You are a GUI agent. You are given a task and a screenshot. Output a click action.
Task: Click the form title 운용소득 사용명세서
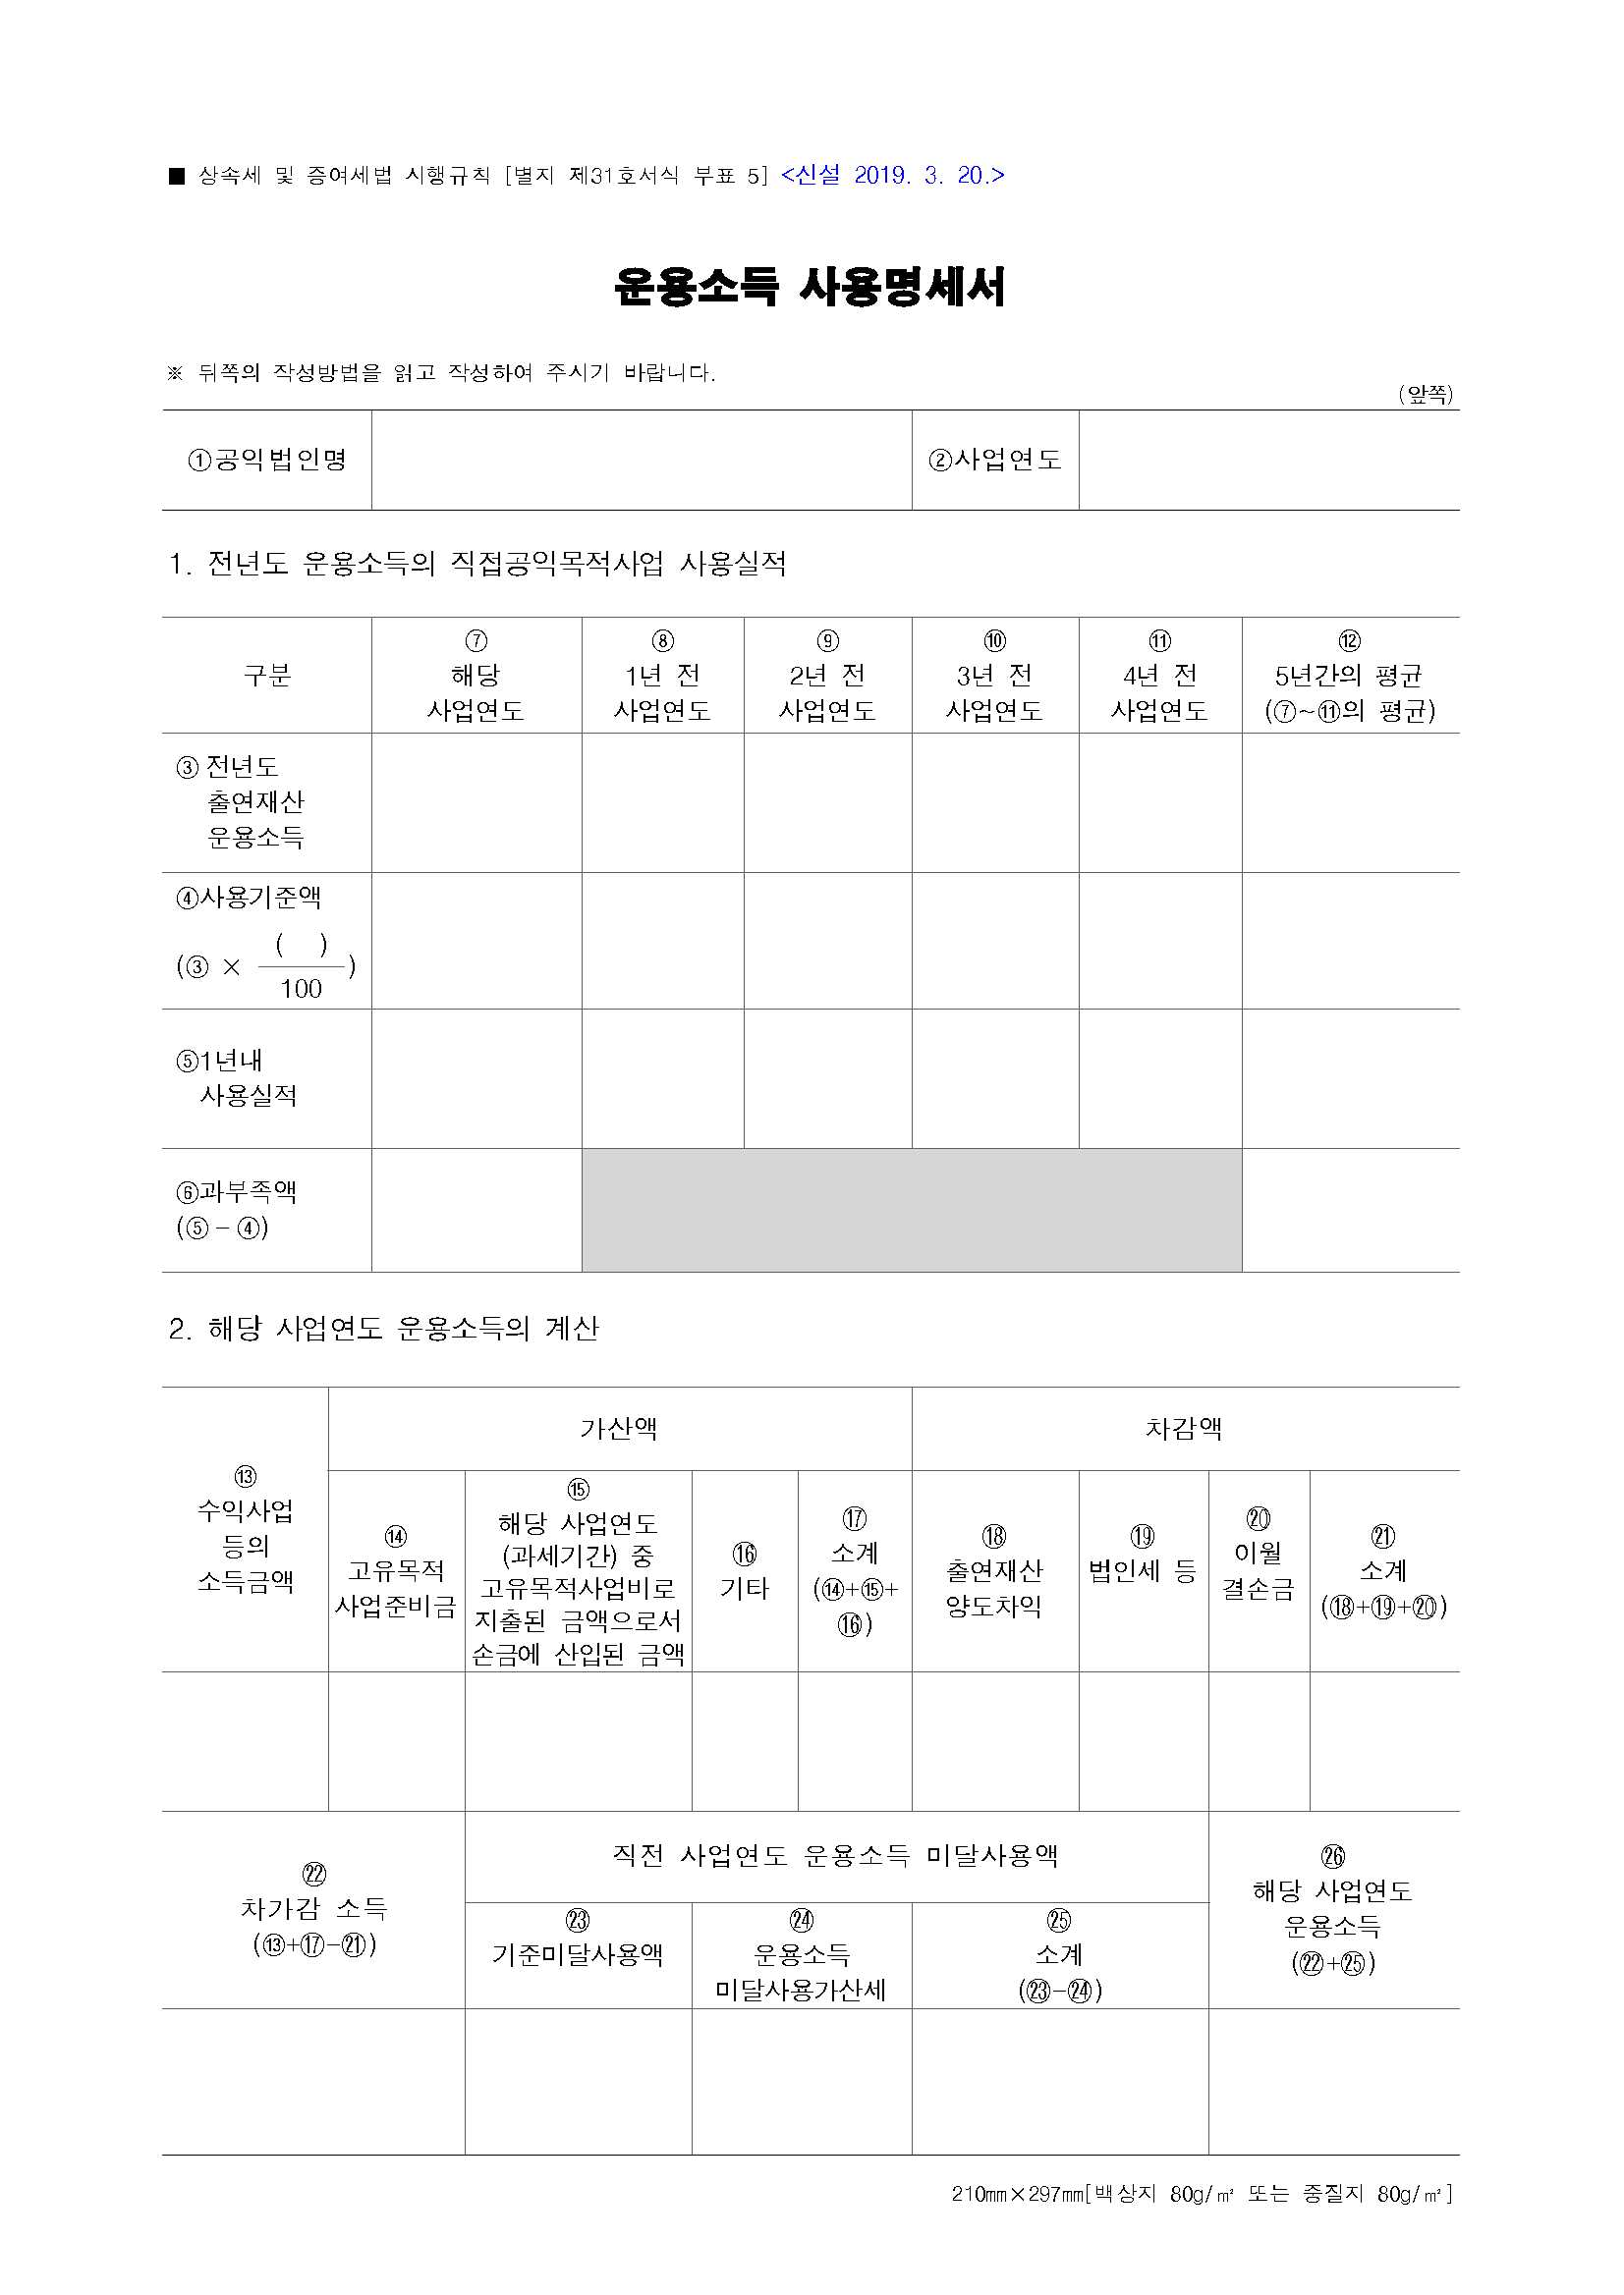[x=810, y=288]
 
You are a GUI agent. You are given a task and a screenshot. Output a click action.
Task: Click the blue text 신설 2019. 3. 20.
[x=892, y=176]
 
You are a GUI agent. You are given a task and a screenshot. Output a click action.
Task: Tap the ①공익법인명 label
[x=267, y=460]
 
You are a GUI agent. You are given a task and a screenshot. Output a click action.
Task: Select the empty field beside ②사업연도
[x=1268, y=460]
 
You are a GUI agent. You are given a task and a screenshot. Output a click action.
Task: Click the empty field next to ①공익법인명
[x=641, y=460]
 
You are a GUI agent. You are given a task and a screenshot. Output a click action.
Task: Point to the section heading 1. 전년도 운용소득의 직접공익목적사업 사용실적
[x=478, y=564]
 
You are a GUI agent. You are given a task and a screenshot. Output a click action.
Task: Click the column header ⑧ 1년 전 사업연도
[x=662, y=676]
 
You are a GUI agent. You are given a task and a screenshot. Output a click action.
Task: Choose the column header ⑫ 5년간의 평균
[x=1349, y=676]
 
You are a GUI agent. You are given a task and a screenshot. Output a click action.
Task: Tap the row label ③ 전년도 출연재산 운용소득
[x=254, y=801]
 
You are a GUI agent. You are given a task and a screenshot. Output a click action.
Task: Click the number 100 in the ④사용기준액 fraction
[x=301, y=989]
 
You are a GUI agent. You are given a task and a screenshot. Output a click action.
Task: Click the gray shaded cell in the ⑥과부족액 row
[x=911, y=1210]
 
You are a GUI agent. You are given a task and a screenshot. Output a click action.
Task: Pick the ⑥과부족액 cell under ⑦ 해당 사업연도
[x=476, y=1210]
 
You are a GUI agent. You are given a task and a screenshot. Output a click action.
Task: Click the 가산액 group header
[x=619, y=1429]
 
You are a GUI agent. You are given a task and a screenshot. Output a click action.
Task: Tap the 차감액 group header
[x=1184, y=1429]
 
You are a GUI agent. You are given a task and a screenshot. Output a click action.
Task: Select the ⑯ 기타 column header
[x=744, y=1571]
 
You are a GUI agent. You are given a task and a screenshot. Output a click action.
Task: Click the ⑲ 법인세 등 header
[x=1143, y=1556]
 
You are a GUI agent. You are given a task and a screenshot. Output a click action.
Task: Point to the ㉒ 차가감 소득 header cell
[x=313, y=1910]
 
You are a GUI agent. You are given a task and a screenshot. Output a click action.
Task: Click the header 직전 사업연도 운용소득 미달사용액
[x=836, y=1856]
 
